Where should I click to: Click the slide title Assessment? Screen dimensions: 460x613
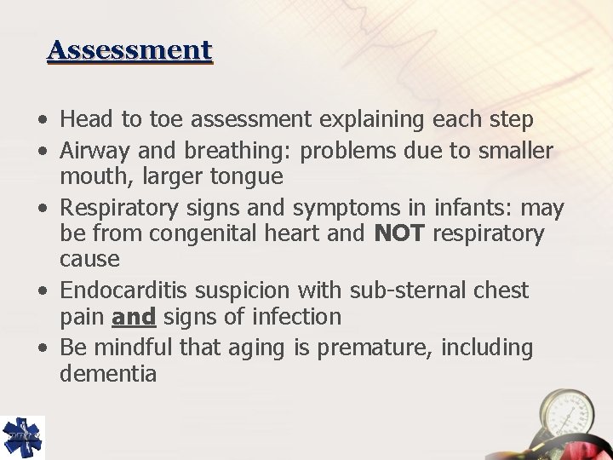[129, 50]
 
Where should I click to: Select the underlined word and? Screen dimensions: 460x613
[134, 317]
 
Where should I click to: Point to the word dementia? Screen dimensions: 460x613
[108, 374]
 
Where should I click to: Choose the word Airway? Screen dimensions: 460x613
[90, 152]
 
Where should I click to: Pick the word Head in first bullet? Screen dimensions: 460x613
[79, 119]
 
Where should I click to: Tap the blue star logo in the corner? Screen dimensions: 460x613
[22, 437]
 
